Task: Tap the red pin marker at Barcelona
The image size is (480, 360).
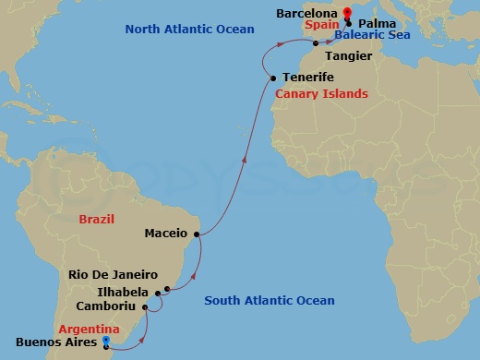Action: click(x=346, y=14)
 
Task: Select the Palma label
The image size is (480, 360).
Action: click(x=378, y=20)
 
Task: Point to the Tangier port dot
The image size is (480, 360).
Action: click(x=316, y=43)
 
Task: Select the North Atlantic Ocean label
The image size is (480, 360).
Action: click(x=189, y=30)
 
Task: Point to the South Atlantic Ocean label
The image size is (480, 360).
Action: click(x=270, y=300)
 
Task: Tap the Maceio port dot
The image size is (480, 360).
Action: click(x=195, y=234)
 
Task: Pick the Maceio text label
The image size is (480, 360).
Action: click(x=166, y=234)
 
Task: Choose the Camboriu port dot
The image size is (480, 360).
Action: click(x=145, y=306)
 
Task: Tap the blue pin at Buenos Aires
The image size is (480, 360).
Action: click(x=106, y=341)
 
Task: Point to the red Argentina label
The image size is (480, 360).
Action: click(x=89, y=329)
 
